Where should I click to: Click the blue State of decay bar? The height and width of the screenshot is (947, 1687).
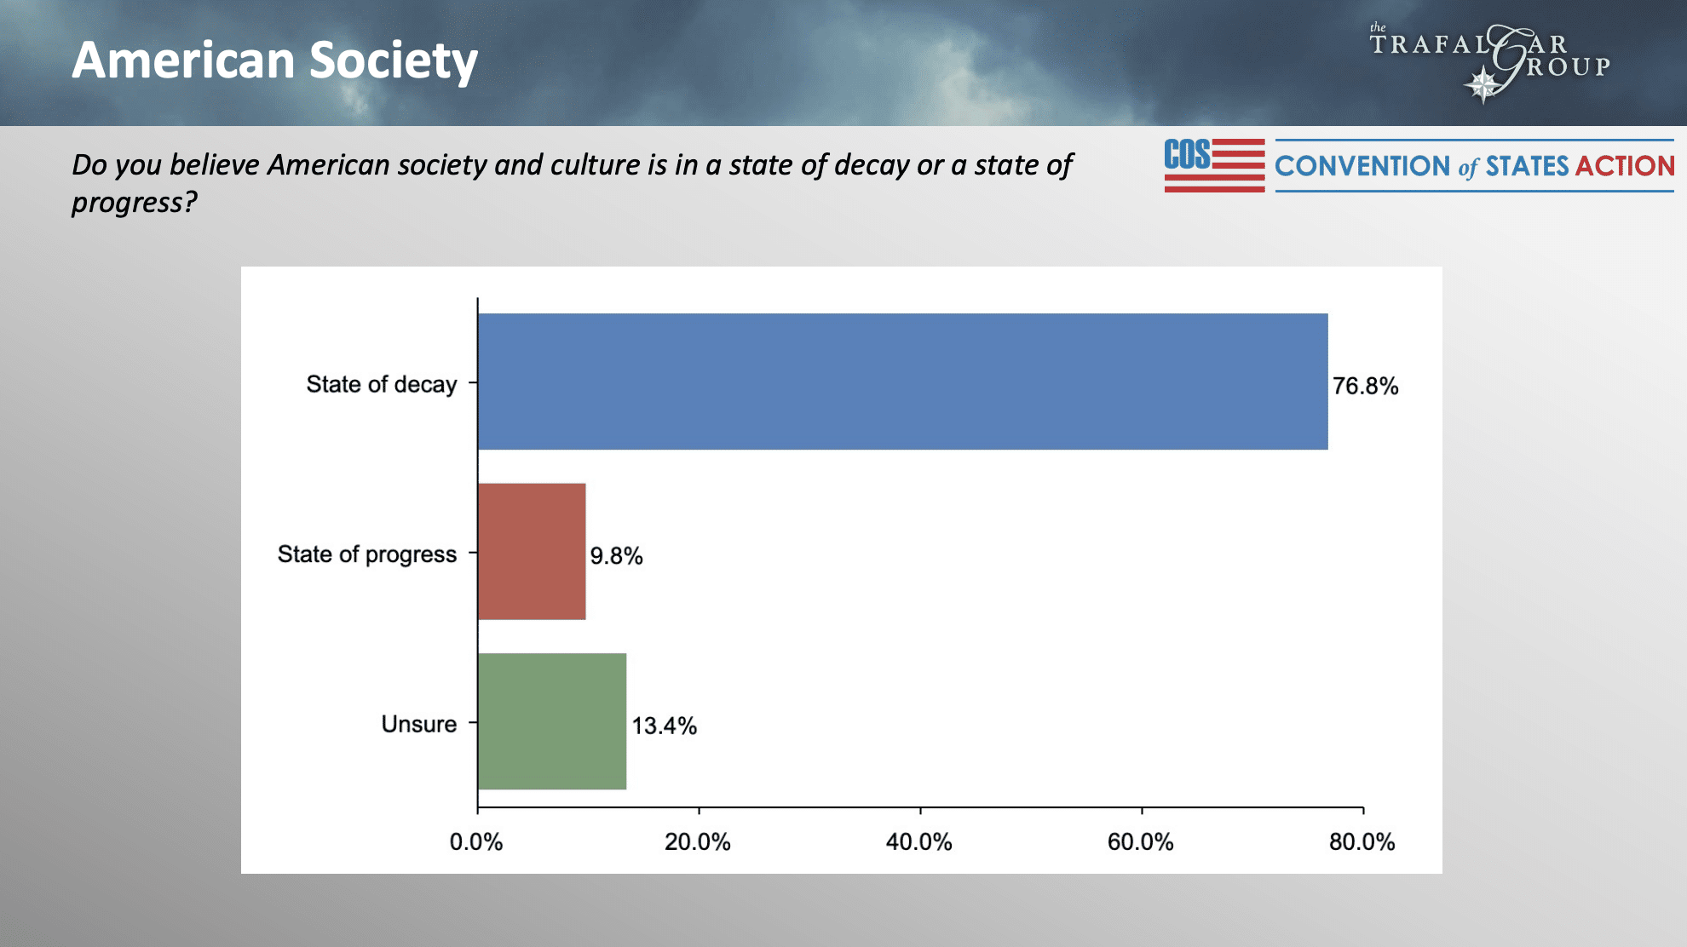(902, 382)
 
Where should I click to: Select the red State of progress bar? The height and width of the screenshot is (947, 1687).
(532, 551)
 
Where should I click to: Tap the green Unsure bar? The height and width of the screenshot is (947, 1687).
(552, 721)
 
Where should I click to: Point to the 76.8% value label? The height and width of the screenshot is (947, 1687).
(1365, 387)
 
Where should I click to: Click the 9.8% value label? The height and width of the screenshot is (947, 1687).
(616, 556)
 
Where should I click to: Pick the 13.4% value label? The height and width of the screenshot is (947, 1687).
(664, 726)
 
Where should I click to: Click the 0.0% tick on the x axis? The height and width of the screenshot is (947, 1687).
(476, 842)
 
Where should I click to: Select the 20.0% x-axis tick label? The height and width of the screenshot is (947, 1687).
(698, 842)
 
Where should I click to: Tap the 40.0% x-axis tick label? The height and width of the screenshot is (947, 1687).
(918, 842)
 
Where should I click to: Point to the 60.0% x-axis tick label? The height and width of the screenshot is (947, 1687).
(1140, 842)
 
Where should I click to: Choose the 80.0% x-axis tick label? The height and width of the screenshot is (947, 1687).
(1362, 842)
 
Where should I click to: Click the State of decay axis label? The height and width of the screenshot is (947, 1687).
(382, 385)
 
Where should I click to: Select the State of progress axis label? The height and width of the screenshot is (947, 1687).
(367, 554)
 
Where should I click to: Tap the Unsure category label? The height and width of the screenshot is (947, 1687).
(419, 725)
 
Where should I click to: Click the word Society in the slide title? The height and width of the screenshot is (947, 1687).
(393, 61)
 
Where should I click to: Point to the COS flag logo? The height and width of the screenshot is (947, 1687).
(1214, 165)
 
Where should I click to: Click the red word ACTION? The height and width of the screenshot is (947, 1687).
(1625, 166)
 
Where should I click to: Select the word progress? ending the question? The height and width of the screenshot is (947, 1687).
(135, 203)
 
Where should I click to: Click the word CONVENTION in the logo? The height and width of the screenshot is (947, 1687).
(1362, 166)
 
